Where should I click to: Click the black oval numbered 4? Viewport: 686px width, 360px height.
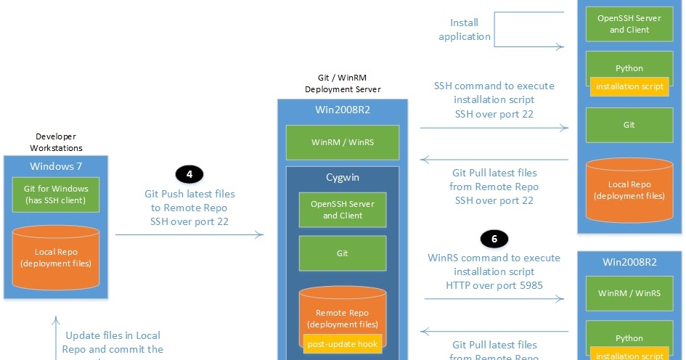(x=189, y=174)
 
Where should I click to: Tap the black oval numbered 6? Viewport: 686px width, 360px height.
(x=494, y=238)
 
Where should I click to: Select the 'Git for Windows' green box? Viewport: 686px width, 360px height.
(x=56, y=195)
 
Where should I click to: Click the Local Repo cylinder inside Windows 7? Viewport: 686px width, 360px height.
(x=56, y=258)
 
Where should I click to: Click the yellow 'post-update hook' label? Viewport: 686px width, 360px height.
(x=341, y=344)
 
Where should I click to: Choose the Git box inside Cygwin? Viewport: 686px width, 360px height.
(x=342, y=253)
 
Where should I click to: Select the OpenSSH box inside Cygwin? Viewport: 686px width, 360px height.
(x=342, y=210)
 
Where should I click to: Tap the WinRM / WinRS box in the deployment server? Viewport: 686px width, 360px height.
(x=342, y=142)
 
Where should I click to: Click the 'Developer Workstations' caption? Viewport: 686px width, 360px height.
(x=56, y=142)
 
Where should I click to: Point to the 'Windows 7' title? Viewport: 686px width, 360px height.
(x=56, y=165)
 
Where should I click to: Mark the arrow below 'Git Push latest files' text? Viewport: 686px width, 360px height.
(x=189, y=234)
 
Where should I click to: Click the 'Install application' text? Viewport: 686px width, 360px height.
(x=465, y=30)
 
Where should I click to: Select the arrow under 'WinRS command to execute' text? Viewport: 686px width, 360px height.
(x=494, y=298)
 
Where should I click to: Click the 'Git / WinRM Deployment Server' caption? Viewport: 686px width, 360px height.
(x=342, y=83)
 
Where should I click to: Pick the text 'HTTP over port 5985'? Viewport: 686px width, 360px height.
(x=494, y=285)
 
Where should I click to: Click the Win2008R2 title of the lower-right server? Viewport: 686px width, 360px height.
(x=629, y=261)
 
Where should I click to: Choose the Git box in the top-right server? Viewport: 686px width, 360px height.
(x=629, y=125)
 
